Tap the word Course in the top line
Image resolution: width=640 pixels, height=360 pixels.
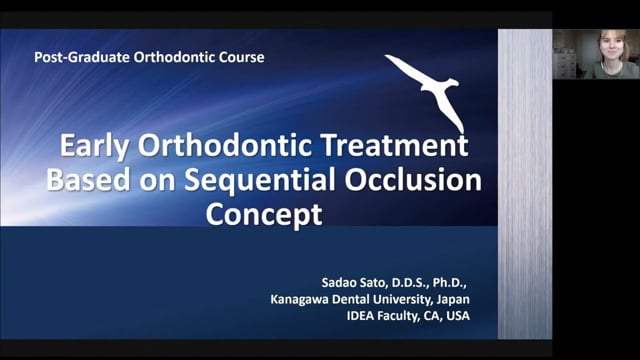[242, 58]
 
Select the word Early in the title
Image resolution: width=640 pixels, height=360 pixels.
[94, 147]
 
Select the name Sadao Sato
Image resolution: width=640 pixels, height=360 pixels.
[349, 279]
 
